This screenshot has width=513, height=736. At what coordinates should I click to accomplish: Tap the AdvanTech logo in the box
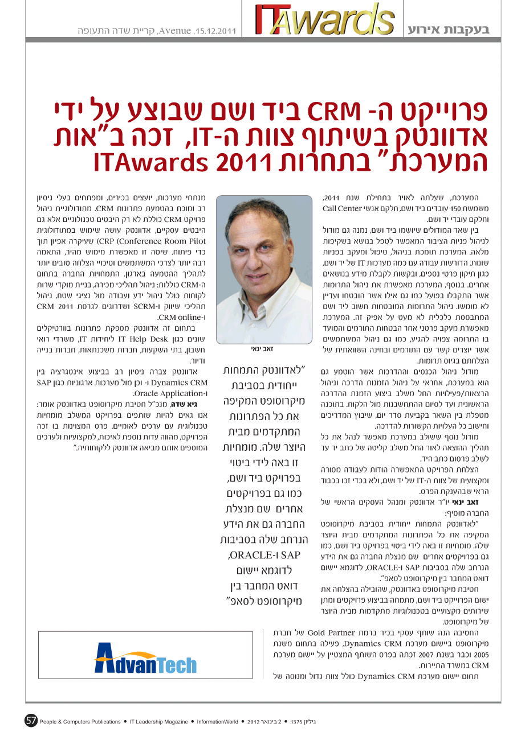click(145, 658)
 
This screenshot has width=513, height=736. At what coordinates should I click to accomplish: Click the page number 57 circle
click(31, 721)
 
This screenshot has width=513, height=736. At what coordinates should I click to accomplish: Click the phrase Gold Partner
click(331, 632)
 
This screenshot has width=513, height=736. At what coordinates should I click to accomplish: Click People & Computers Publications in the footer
click(80, 722)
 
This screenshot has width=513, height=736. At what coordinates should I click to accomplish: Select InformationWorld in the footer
click(218, 722)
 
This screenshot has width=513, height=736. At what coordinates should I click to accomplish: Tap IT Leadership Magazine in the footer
click(158, 722)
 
